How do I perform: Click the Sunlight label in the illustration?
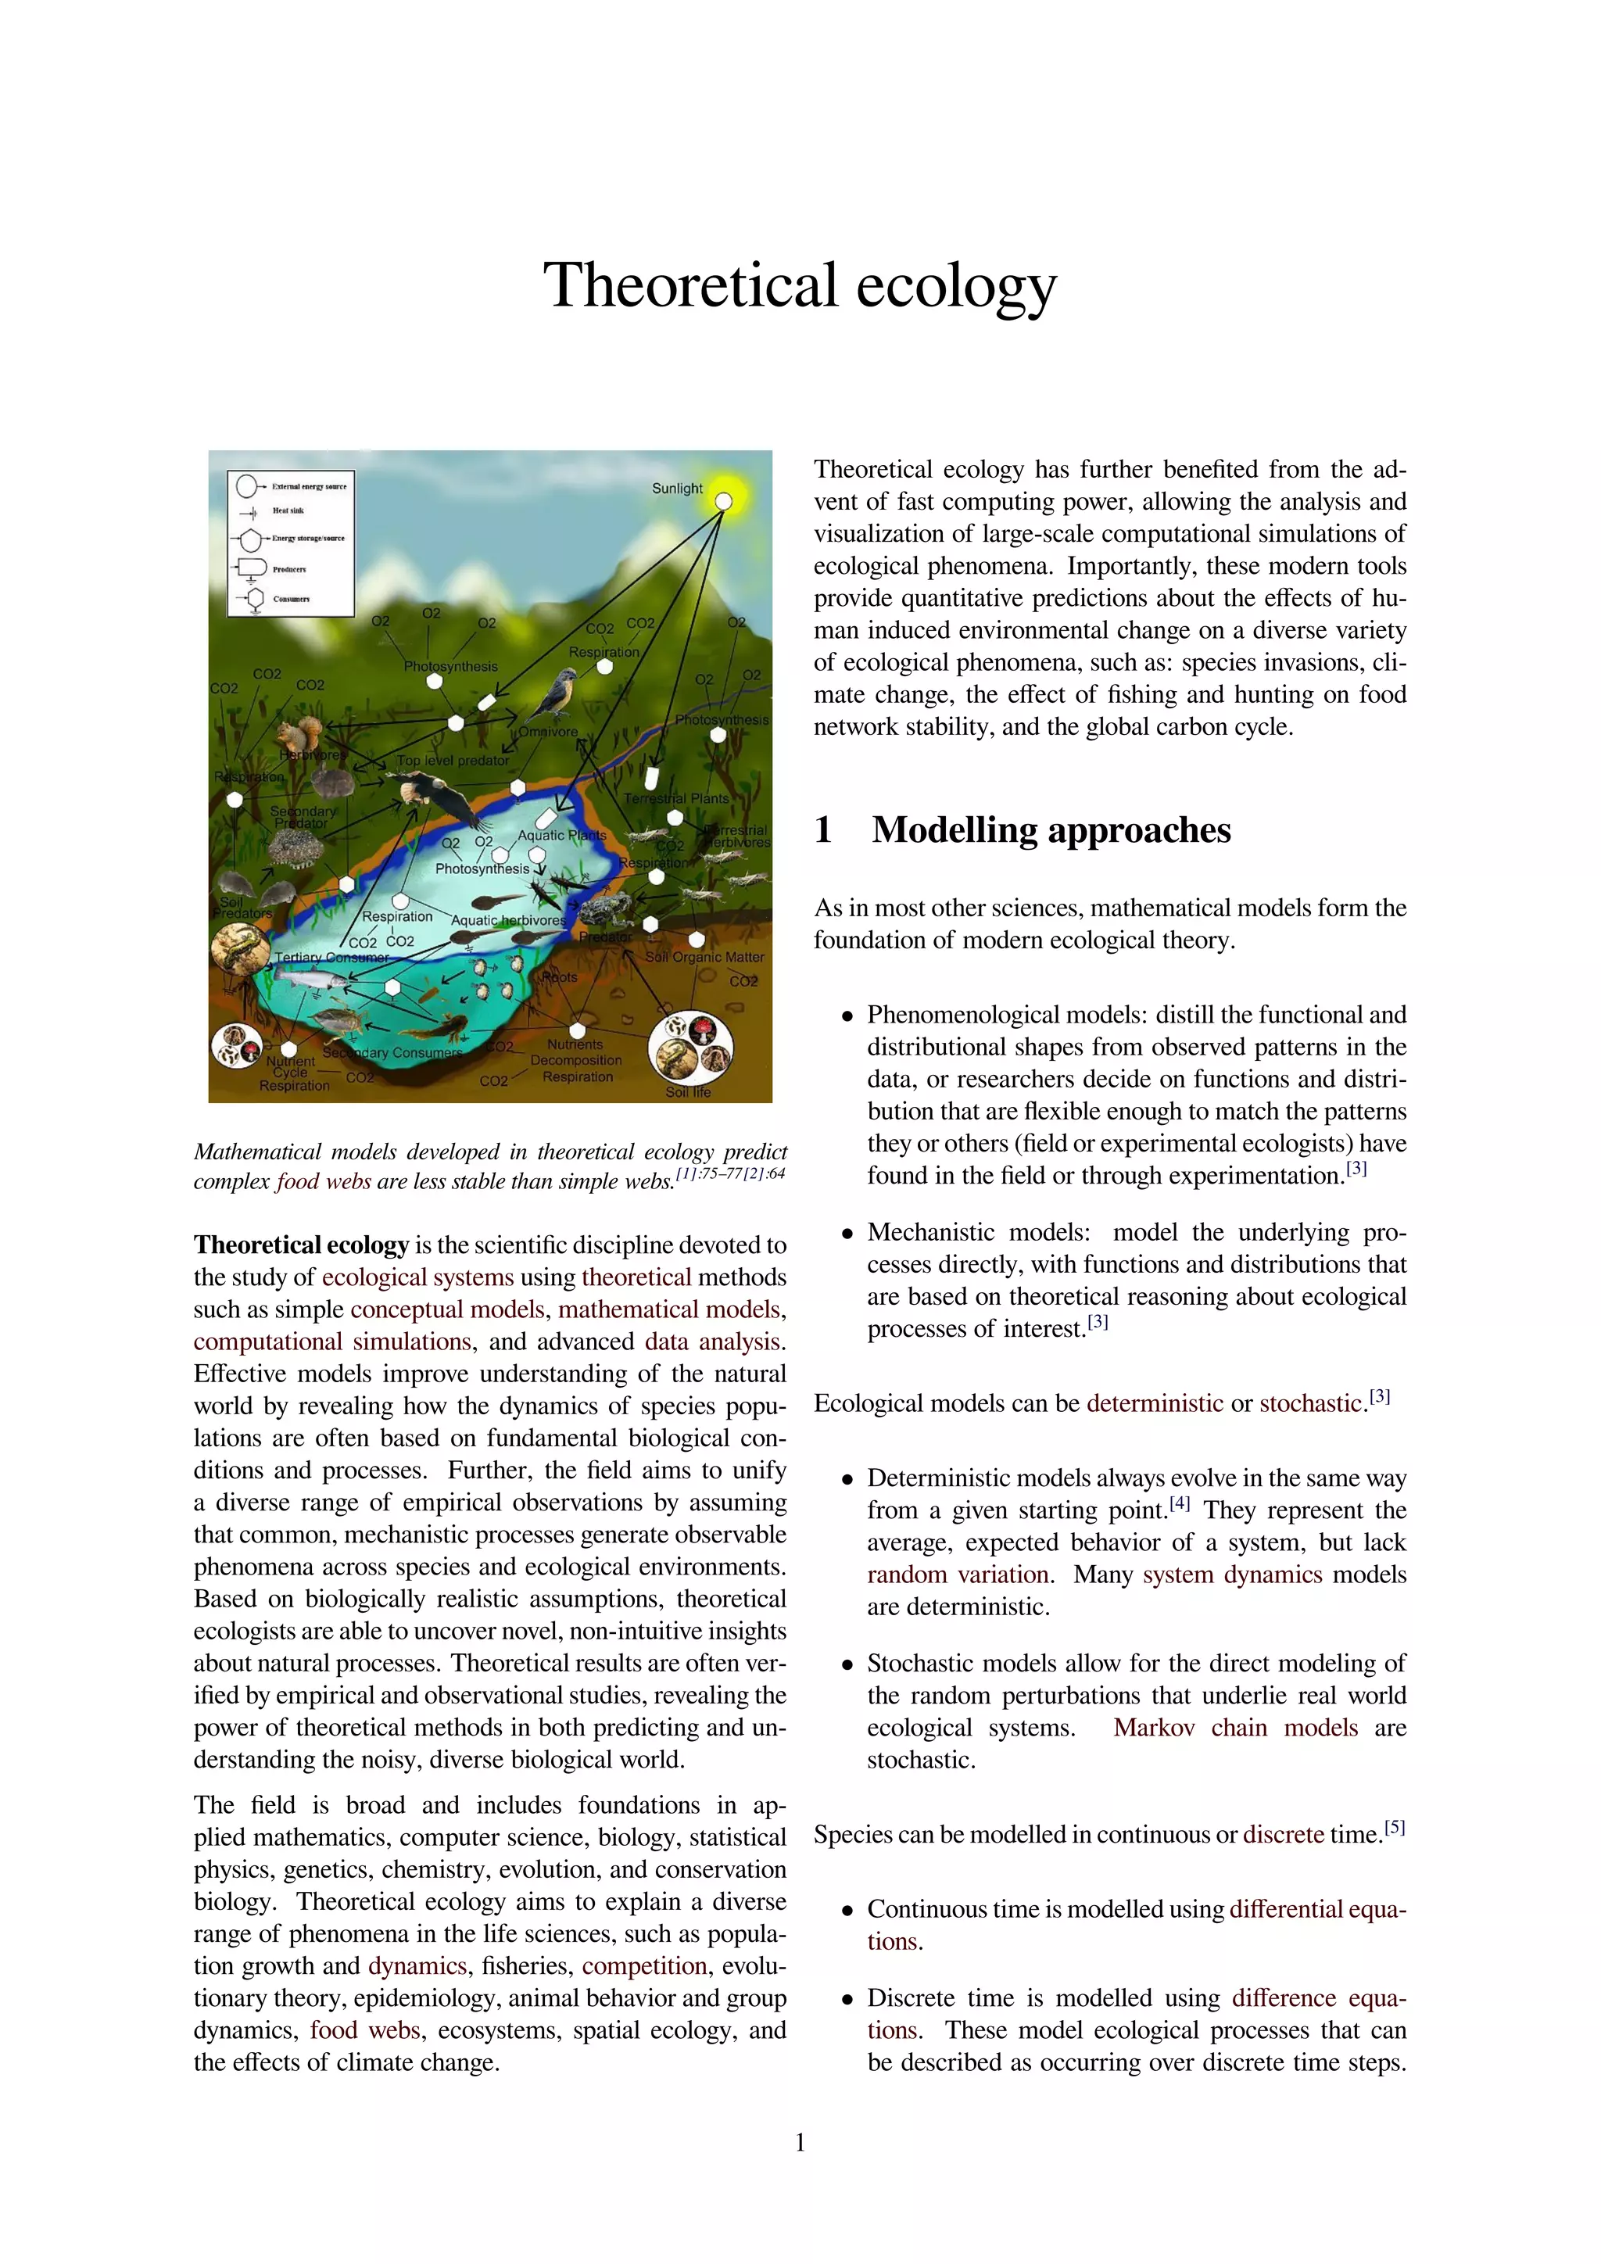(676, 488)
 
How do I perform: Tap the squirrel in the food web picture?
(299, 733)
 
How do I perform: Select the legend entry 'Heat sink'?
(288, 510)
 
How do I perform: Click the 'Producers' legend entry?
(288, 569)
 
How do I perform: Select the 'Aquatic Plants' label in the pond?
(561, 835)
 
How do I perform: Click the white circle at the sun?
(724, 502)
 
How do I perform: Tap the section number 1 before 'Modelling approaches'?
(823, 830)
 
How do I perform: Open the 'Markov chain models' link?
(1235, 1728)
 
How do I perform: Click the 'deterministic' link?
(1155, 1403)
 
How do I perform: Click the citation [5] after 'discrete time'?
(1394, 1827)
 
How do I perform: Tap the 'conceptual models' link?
(446, 1309)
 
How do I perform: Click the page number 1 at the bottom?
(800, 2142)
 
